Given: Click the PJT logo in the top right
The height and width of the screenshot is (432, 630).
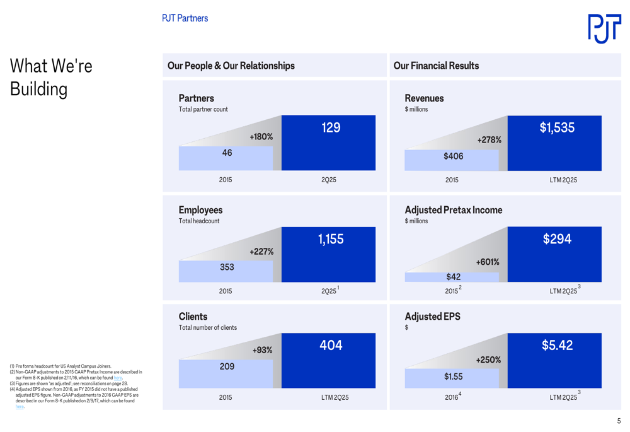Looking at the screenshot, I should click(604, 28).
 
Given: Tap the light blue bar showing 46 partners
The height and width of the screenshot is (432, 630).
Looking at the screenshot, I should click(226, 158).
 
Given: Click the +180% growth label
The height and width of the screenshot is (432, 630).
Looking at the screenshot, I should click(261, 137).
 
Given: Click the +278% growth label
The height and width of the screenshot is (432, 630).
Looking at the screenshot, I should click(489, 140).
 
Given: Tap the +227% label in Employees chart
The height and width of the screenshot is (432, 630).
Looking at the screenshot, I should click(261, 252).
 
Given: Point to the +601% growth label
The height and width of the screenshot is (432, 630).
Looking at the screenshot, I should click(488, 262).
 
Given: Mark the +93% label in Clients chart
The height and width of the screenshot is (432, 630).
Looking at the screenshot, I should click(262, 350).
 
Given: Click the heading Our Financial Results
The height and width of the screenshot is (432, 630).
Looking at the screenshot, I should click(436, 66).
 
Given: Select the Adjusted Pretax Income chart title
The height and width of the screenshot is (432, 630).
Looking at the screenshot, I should click(454, 210).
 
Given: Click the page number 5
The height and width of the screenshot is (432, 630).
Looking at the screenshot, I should click(619, 421).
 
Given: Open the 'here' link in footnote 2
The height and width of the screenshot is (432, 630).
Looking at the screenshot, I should click(118, 378).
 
